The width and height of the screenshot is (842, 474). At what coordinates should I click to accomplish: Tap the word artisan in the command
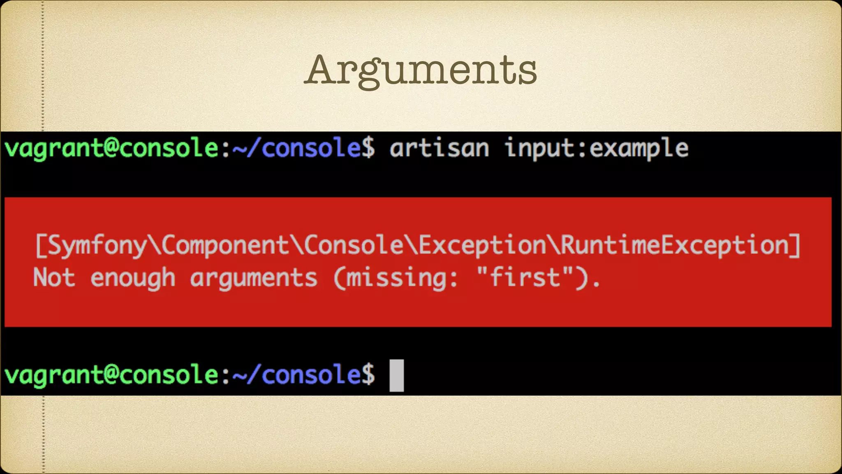[439, 148]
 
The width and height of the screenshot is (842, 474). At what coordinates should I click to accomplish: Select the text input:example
[596, 148]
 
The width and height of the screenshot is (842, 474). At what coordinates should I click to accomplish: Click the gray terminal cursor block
[396, 375]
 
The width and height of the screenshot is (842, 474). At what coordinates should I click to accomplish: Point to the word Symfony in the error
[97, 246]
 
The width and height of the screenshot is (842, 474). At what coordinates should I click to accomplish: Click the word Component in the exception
[225, 246]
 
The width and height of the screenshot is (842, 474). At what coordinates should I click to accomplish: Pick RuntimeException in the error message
[674, 246]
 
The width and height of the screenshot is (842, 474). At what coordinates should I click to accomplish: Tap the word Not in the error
[54, 277]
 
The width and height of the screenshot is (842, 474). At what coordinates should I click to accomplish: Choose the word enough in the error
[133, 278]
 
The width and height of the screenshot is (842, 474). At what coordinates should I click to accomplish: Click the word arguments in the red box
[253, 278]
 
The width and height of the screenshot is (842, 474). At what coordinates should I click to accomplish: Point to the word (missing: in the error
[395, 278]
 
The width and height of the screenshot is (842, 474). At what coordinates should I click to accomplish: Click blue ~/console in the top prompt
[296, 148]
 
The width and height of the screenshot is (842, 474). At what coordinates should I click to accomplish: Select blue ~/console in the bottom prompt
[296, 375]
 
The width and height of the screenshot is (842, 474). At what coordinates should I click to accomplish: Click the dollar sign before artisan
[368, 148]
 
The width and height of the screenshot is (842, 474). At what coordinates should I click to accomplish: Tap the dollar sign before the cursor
[368, 375]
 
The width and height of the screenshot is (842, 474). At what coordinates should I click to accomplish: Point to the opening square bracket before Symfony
[40, 246]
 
